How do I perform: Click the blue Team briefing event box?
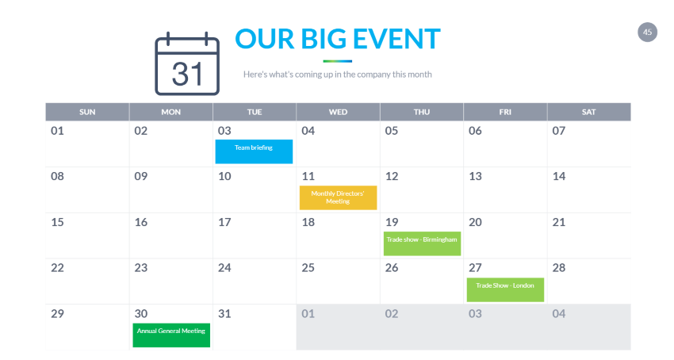click(254, 151)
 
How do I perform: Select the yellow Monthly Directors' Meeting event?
click(339, 197)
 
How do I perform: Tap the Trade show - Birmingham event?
click(422, 243)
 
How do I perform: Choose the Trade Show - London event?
click(506, 289)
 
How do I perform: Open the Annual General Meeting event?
click(171, 335)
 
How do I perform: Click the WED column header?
click(339, 112)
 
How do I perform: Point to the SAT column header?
click(589, 112)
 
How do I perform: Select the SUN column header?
click(87, 112)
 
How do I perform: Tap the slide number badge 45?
click(647, 33)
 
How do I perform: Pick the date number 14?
click(559, 176)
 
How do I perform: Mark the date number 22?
click(58, 268)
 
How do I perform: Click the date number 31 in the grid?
click(224, 314)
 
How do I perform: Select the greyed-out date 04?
click(559, 314)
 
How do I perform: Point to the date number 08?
click(57, 176)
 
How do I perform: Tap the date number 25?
click(308, 268)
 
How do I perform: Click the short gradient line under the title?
click(338, 61)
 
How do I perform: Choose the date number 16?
click(141, 222)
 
